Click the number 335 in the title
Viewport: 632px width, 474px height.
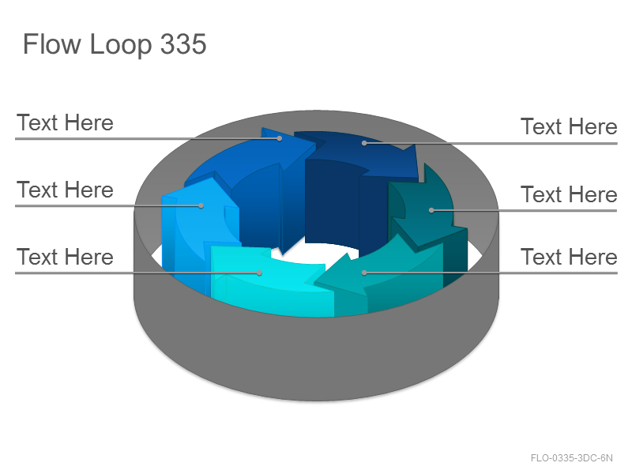point(183,43)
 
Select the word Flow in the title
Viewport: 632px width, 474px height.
point(52,43)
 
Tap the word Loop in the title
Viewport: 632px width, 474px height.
point(121,45)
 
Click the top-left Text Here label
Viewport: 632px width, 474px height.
point(65,122)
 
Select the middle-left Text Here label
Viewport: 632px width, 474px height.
point(65,190)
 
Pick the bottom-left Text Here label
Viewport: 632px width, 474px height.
point(65,257)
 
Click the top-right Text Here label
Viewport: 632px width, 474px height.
point(569,126)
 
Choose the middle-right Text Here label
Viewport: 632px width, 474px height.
point(569,194)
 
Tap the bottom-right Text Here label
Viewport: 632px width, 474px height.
point(569,257)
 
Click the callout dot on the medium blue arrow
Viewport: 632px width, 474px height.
point(280,139)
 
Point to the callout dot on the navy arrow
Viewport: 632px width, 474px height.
point(364,143)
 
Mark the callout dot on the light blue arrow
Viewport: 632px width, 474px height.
point(201,206)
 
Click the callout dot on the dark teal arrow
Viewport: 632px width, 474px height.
point(431,210)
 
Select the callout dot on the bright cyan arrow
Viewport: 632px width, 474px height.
point(260,273)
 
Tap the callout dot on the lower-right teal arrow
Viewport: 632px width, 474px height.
point(364,273)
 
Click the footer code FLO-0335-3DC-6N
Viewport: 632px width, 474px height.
point(571,458)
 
